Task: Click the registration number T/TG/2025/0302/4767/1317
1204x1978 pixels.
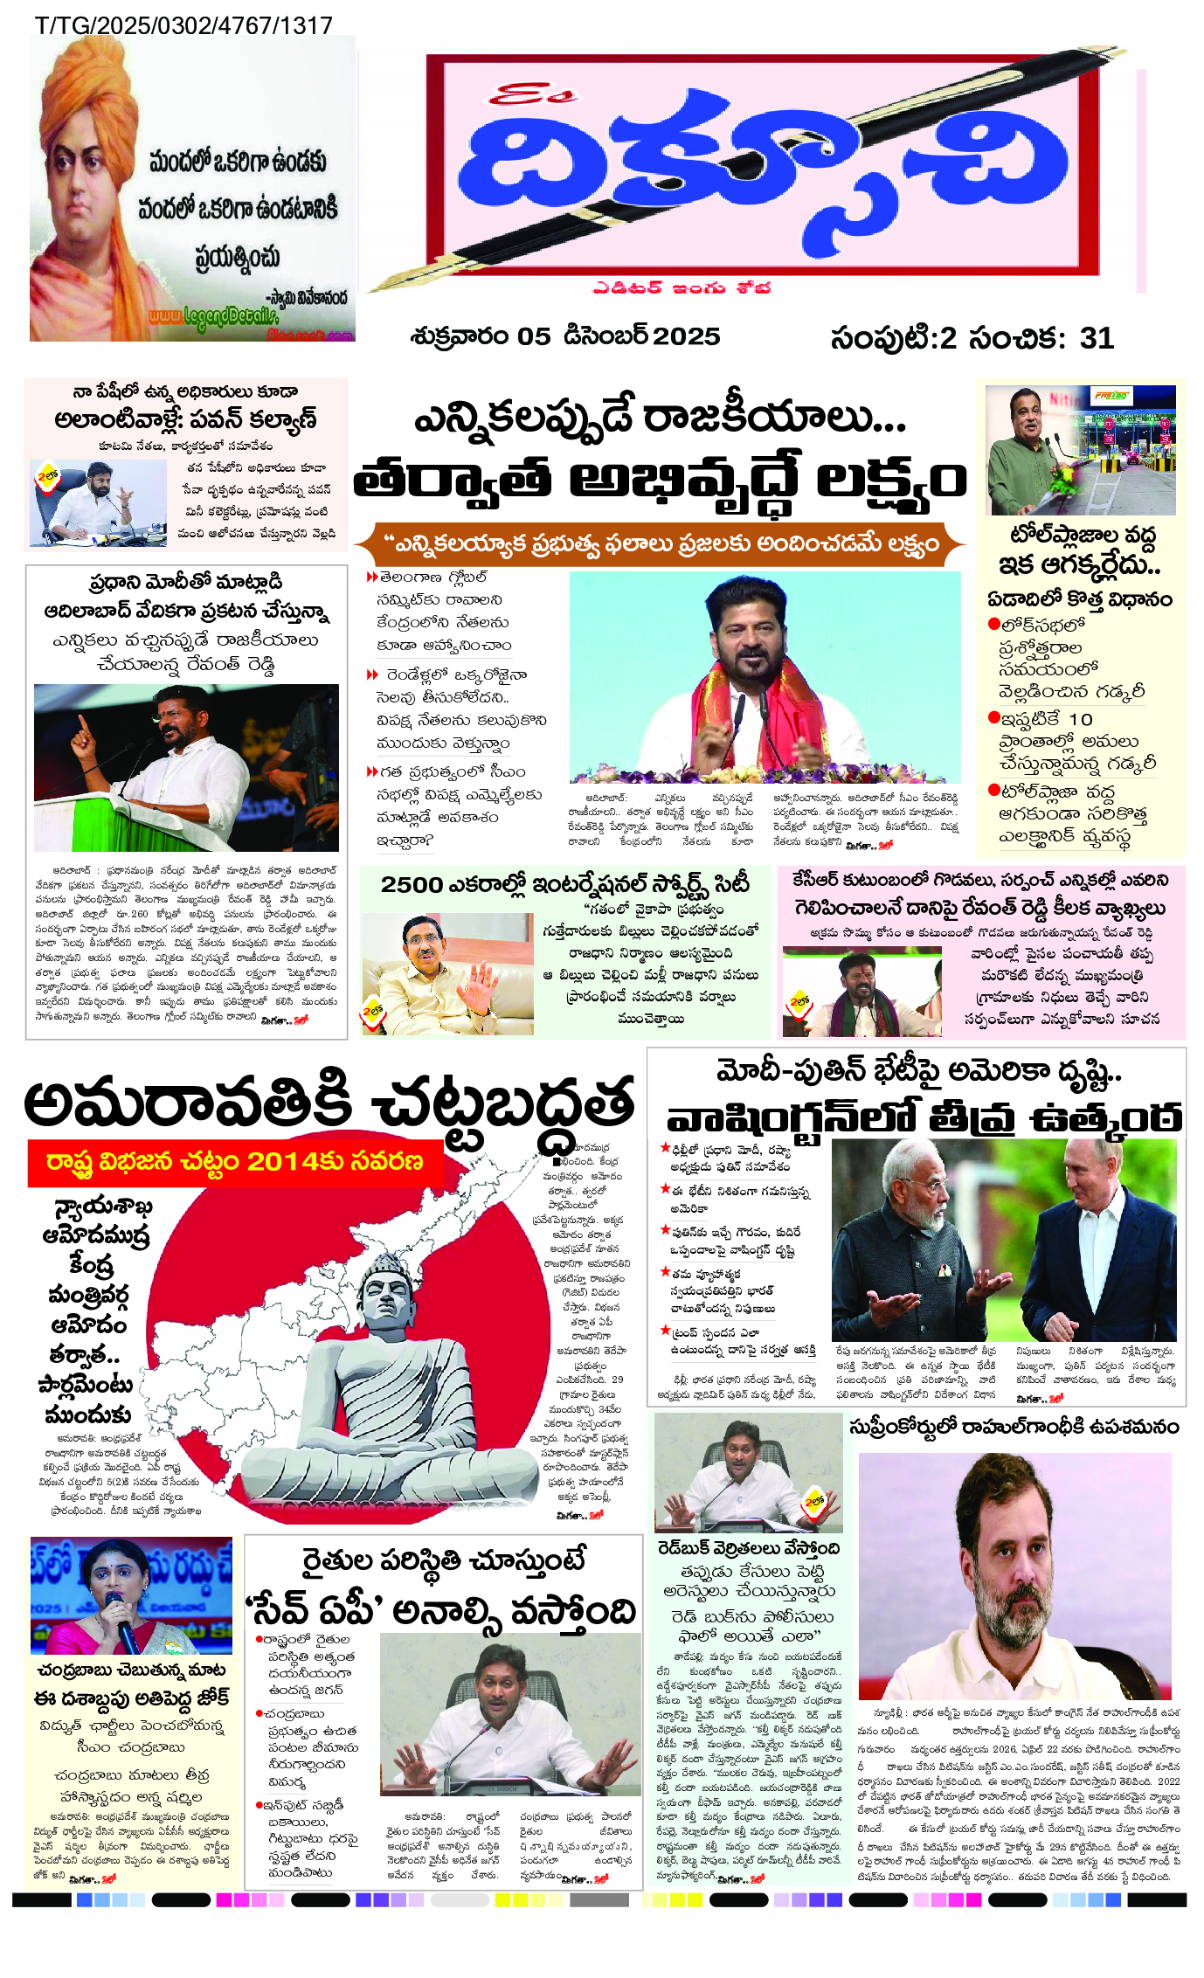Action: tap(183, 24)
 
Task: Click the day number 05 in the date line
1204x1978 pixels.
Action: tap(533, 336)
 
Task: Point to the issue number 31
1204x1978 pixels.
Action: tap(1097, 338)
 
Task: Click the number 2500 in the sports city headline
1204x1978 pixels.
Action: tap(412, 884)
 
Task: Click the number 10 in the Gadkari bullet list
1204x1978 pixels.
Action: tap(1081, 719)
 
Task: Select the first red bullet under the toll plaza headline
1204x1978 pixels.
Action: tap(993, 624)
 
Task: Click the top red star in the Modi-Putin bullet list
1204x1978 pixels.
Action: tap(666, 1148)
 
